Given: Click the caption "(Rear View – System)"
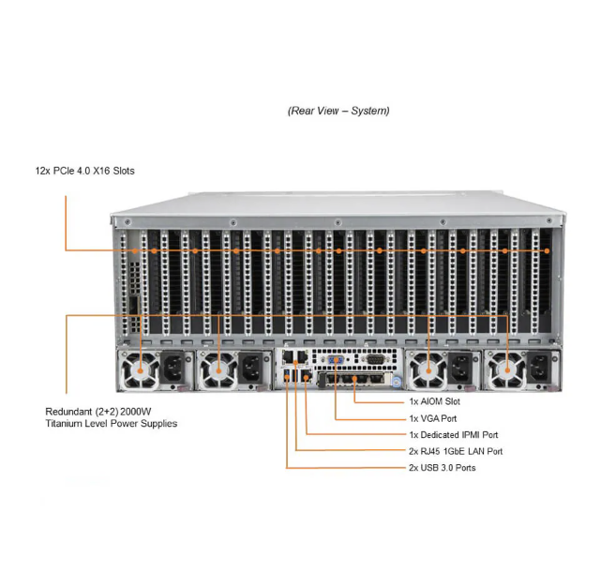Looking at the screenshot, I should pyautogui.click(x=338, y=111).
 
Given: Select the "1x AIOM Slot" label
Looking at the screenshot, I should pyautogui.click(x=434, y=401).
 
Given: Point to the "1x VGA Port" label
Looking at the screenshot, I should pyautogui.click(x=432, y=418).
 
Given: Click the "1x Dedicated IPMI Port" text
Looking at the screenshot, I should pyautogui.click(x=453, y=435).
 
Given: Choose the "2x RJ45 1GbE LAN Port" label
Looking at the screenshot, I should pyautogui.click(x=455, y=451).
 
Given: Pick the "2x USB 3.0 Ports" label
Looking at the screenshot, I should pyautogui.click(x=441, y=467).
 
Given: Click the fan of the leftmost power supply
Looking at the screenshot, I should pyautogui.click(x=142, y=372).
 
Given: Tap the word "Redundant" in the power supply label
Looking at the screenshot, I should pyautogui.click(x=70, y=412).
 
